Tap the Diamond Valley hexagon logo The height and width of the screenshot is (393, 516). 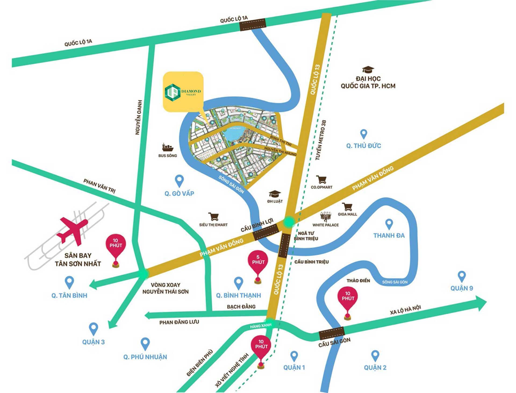[172, 92]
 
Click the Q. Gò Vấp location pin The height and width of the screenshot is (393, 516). [179, 181]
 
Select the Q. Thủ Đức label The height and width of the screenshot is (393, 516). [363, 146]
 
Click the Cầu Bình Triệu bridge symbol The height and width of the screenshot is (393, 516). [284, 245]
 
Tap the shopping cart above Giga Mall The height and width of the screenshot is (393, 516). [347, 207]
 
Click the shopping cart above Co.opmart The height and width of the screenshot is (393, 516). [321, 179]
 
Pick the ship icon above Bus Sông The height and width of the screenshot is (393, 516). [167, 147]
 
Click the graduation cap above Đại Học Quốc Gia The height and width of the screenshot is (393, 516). [368, 70]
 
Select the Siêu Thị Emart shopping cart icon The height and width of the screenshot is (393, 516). [214, 216]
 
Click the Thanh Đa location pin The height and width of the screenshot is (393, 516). [389, 224]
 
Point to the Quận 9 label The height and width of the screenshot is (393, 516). [461, 288]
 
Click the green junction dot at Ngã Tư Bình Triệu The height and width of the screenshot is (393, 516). [289, 222]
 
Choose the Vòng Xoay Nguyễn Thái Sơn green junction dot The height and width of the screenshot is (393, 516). [143, 274]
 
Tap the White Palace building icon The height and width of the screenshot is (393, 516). [325, 216]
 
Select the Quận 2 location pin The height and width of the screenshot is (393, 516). [375, 356]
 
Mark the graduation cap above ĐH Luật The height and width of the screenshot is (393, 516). [275, 194]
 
